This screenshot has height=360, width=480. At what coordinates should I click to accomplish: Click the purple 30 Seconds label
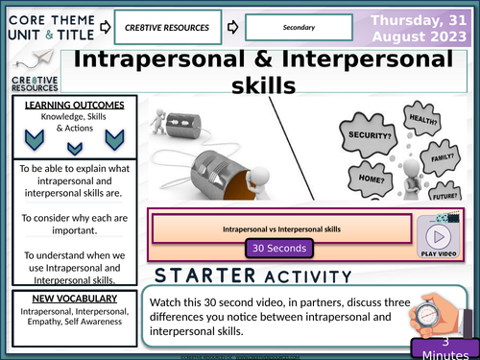click(279, 248)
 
